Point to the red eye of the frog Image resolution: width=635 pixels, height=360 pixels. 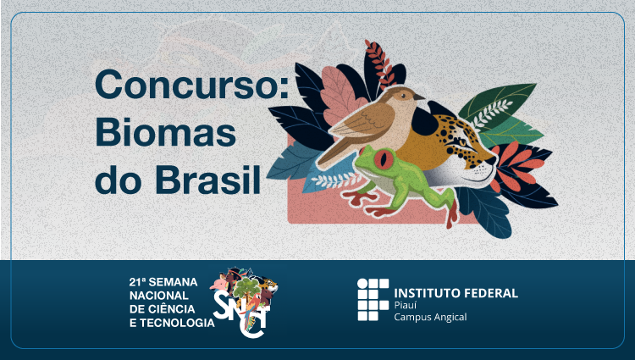pos(383,158)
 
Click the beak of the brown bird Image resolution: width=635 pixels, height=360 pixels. pos(419,97)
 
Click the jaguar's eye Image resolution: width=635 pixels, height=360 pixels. pos(462,142)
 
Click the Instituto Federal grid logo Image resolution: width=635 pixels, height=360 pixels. pos(373,300)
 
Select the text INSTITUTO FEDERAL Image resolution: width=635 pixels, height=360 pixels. pos(456,293)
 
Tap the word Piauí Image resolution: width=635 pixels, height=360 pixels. pos(406,305)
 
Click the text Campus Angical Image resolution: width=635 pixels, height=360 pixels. pos(430,317)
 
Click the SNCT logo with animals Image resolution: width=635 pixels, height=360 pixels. pos(245,302)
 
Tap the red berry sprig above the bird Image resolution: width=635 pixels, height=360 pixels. pos(381,64)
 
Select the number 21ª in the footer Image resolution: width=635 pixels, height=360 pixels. pos(137,282)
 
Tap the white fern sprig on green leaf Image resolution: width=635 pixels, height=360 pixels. pos(493,111)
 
